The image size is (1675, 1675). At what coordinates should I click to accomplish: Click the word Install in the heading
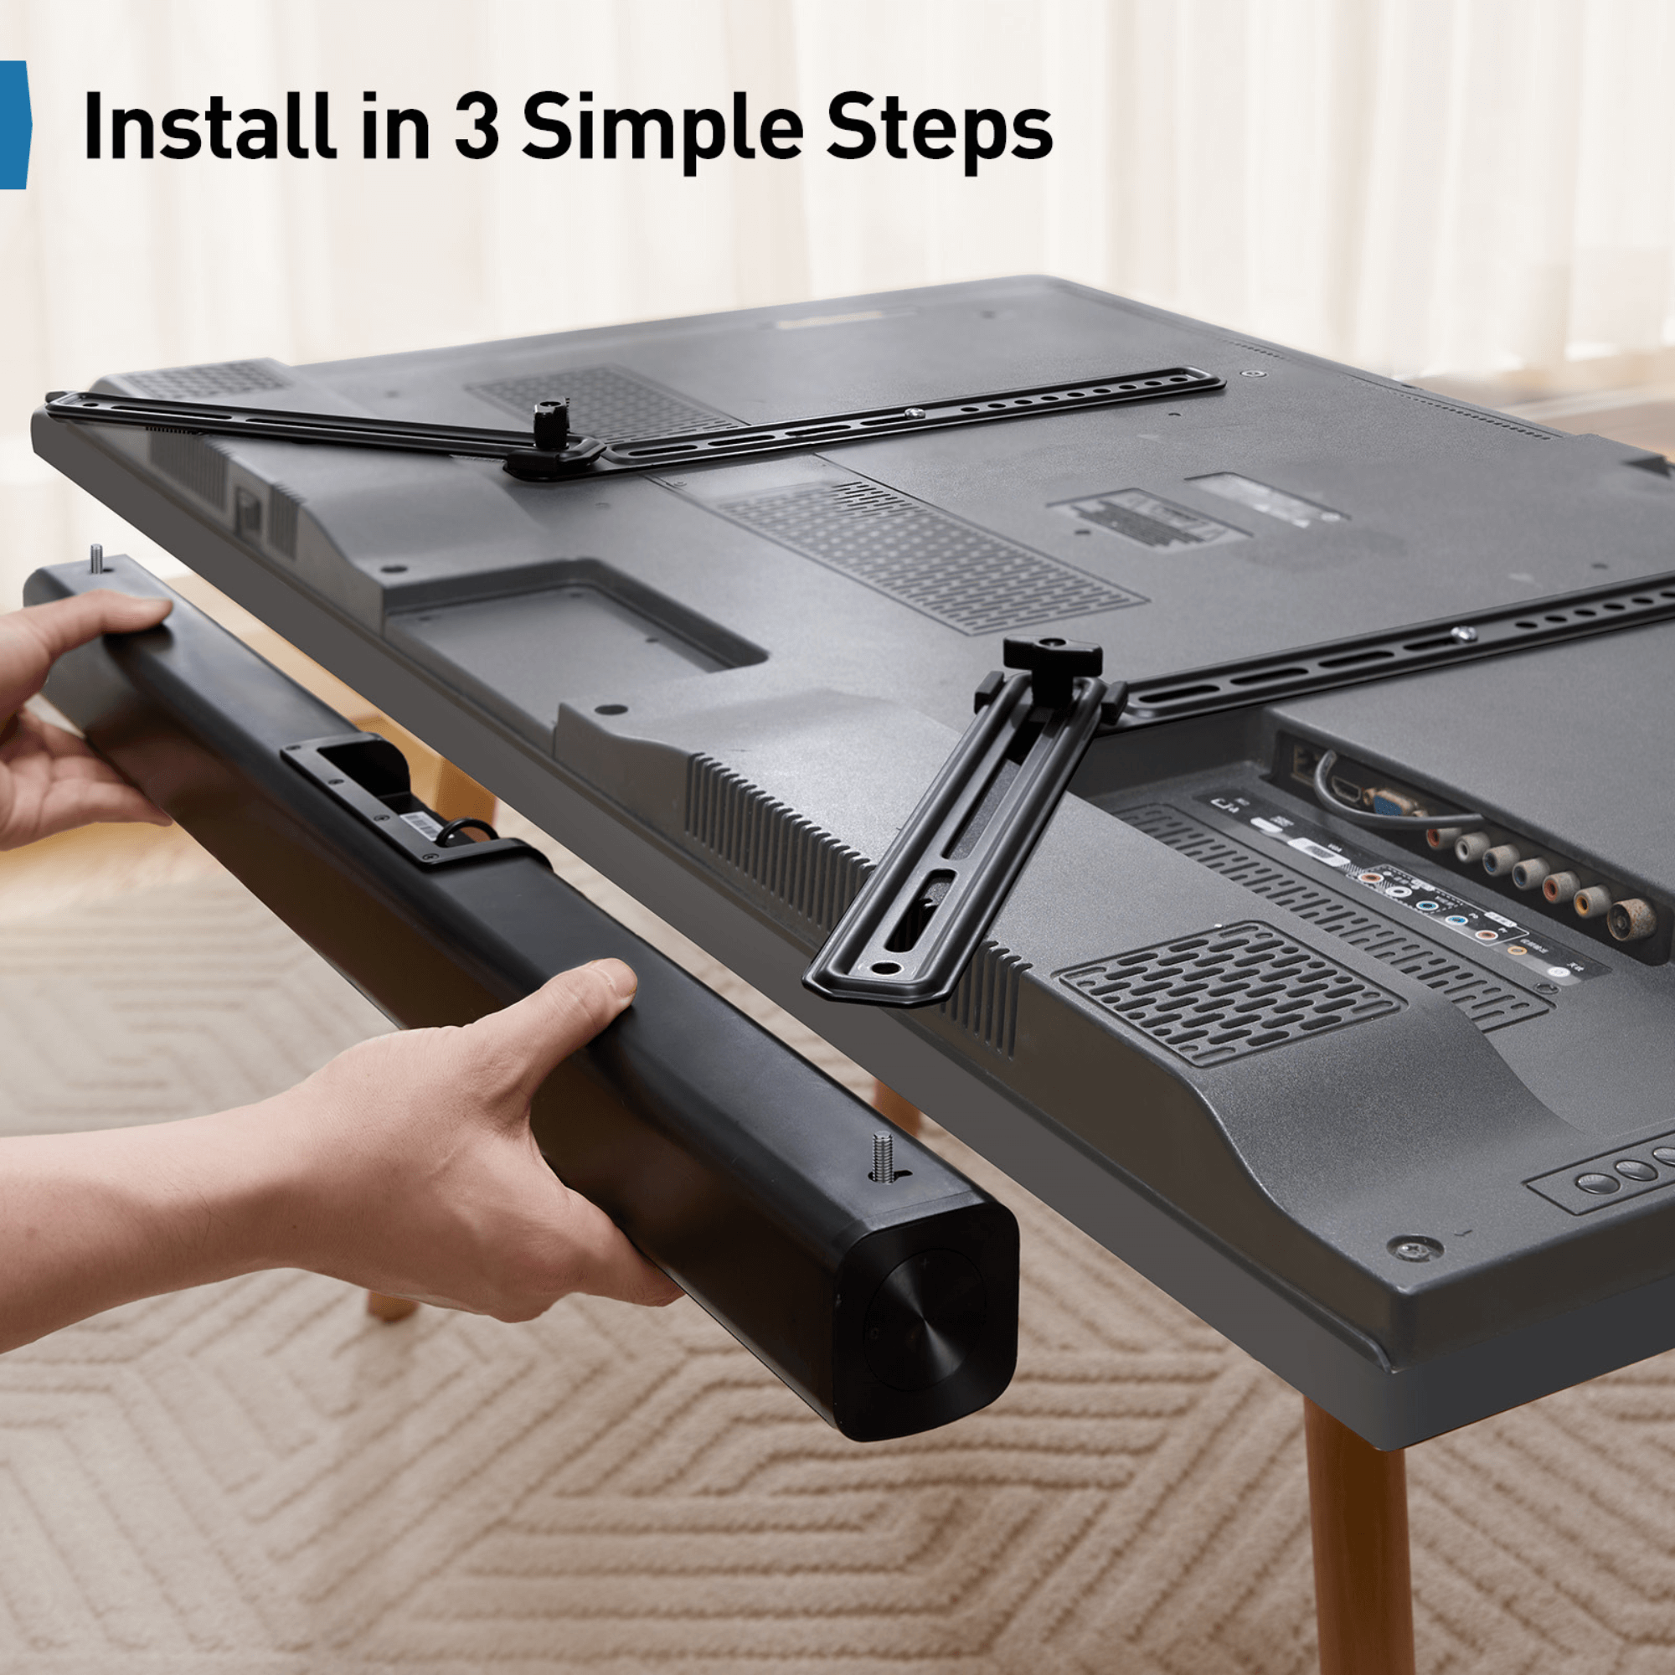(x=208, y=127)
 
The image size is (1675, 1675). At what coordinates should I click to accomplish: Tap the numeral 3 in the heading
(x=476, y=127)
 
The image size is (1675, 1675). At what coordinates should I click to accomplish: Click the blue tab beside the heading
(x=13, y=126)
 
